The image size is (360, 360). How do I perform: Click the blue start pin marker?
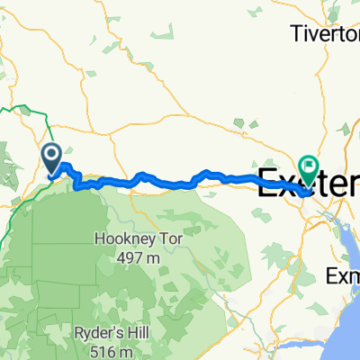(51, 160)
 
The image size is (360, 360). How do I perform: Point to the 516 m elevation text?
(141, 344)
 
